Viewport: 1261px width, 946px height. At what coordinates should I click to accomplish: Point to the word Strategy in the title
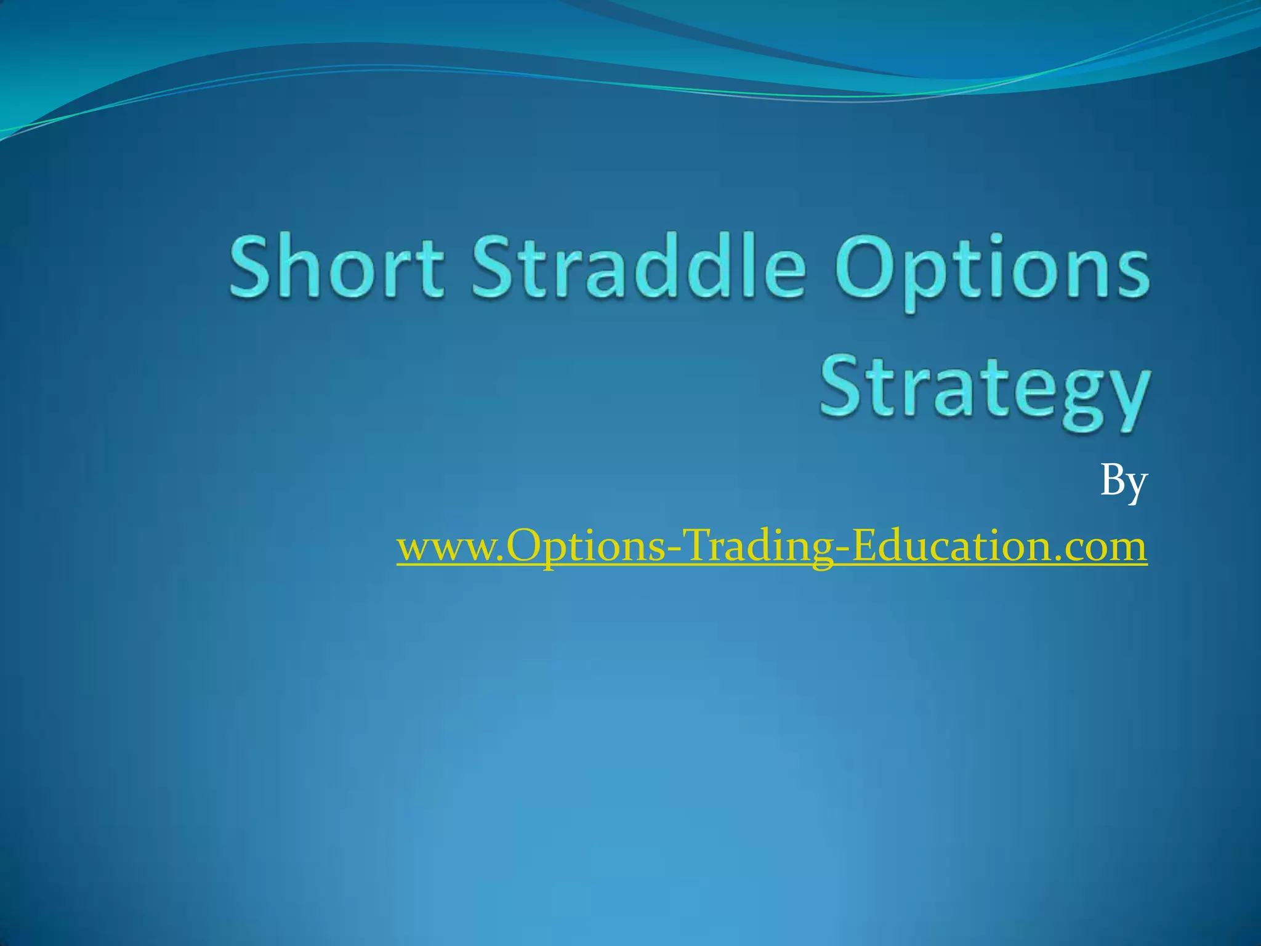click(x=984, y=389)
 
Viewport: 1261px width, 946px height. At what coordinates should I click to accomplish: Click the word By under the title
click(x=1123, y=482)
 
